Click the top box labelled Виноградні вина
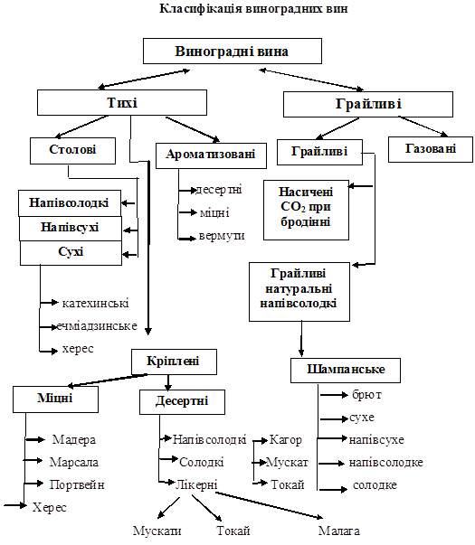(x=233, y=52)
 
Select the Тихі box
(x=122, y=102)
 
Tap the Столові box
(x=72, y=151)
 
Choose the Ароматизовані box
(x=211, y=155)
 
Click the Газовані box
(x=431, y=149)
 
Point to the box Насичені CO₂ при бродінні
(x=306, y=210)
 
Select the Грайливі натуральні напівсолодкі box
(x=299, y=292)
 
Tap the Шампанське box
(x=346, y=371)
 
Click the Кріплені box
(x=174, y=362)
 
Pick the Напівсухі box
(x=71, y=229)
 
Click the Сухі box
(x=71, y=253)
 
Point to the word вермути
(x=222, y=236)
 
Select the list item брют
(x=366, y=395)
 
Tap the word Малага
(x=339, y=531)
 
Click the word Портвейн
(x=77, y=484)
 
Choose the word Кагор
(x=285, y=440)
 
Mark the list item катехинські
(x=95, y=303)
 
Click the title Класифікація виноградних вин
(x=253, y=8)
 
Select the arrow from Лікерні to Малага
(x=269, y=506)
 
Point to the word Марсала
(x=74, y=462)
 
